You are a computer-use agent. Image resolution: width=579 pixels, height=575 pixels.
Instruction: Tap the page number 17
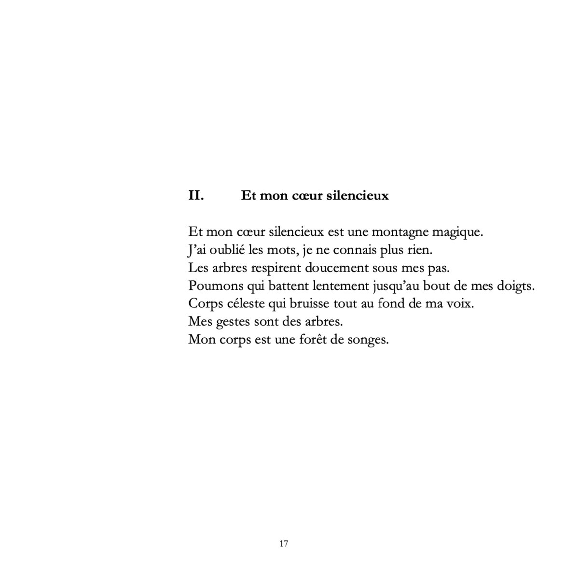284,544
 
